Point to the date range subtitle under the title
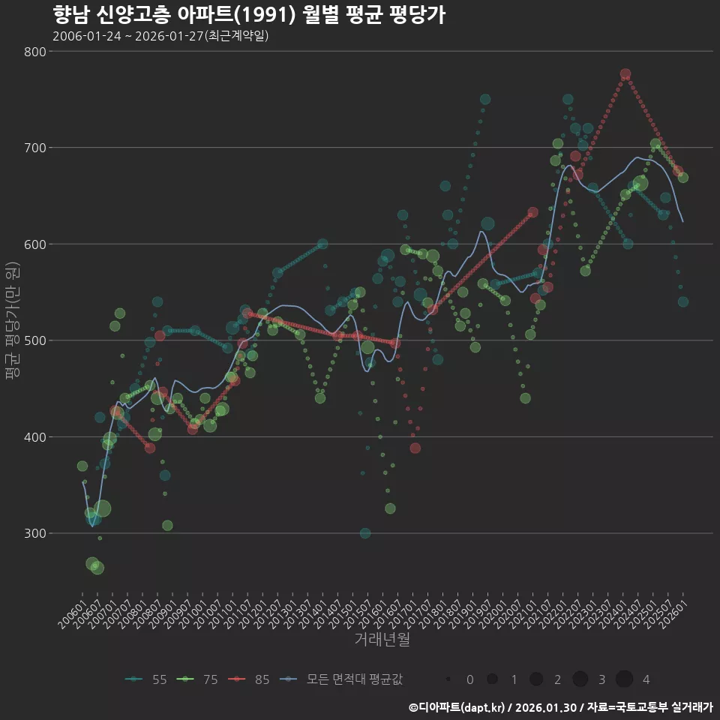pyautogui.click(x=160, y=36)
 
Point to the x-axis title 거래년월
pyautogui.click(x=382, y=640)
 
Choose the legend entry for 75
pyautogui.click(x=198, y=679)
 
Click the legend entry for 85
pyautogui.click(x=250, y=679)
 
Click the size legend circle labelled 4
pyautogui.click(x=624, y=679)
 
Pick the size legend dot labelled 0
pyautogui.click(x=448, y=679)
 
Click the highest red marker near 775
pyautogui.click(x=625, y=74)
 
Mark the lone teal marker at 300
pyautogui.click(x=365, y=533)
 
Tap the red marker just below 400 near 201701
pyautogui.click(x=415, y=448)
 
